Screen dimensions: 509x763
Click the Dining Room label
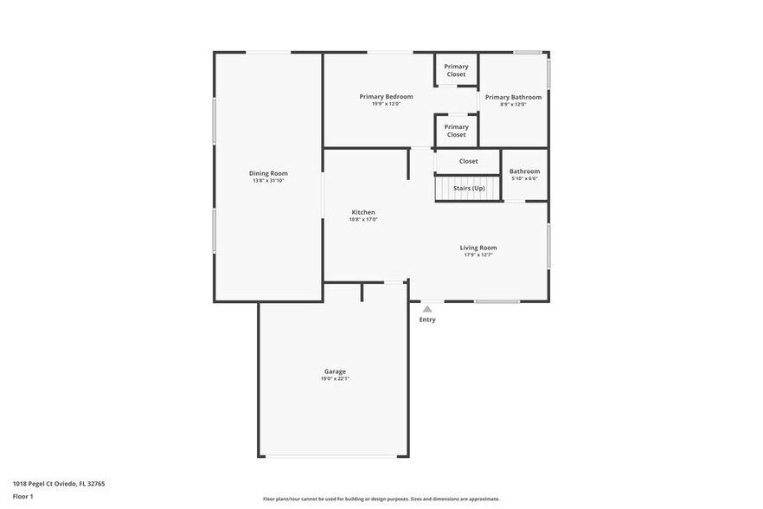(268, 173)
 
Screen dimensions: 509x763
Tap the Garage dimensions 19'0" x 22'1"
(335, 378)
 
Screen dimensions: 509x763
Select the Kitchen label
(363, 212)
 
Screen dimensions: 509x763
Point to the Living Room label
(478, 248)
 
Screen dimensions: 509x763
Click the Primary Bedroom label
(386, 96)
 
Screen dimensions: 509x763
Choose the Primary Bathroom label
(513, 97)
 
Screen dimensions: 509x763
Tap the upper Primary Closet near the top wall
(456, 70)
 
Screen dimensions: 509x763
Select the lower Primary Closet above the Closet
(456, 131)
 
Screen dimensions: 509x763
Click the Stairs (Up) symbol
(468, 188)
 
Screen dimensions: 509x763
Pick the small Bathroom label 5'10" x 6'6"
(524, 171)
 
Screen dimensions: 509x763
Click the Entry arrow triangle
(427, 308)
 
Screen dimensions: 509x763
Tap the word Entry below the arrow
(427, 319)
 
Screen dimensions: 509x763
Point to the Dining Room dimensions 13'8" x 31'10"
(268, 181)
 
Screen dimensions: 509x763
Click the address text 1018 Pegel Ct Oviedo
(59, 484)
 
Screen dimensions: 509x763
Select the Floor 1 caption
(23, 496)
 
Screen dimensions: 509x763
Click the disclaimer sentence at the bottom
(381, 499)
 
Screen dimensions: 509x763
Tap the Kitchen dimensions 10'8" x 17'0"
(363, 220)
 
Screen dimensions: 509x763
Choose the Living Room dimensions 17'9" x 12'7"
(478, 255)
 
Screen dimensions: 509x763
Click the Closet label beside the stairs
(468, 161)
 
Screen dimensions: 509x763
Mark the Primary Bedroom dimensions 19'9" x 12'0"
(386, 104)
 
